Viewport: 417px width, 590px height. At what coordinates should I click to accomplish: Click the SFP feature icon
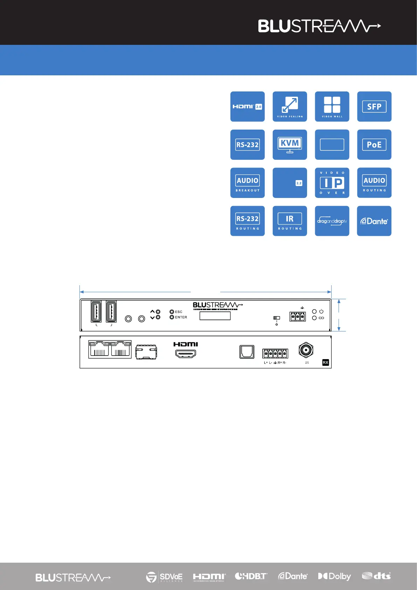click(x=374, y=107)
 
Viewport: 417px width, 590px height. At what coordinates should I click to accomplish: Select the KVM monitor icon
click(x=290, y=145)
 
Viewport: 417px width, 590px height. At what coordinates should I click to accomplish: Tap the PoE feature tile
click(x=374, y=145)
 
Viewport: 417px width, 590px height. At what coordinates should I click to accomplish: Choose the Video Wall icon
click(x=332, y=107)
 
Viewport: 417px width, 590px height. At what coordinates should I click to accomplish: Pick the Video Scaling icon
click(x=290, y=107)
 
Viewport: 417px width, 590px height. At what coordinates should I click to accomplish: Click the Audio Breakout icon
click(x=248, y=183)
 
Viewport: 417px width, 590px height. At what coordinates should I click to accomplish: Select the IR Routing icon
click(x=290, y=221)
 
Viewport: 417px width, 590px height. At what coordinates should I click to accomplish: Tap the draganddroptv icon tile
click(x=332, y=221)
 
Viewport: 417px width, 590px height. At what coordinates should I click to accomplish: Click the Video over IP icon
click(x=332, y=183)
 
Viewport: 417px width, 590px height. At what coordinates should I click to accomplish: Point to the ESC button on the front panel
click(x=172, y=311)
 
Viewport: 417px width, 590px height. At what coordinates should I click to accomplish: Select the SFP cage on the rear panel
click(x=146, y=352)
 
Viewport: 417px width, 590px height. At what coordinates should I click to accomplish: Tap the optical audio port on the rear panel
click(x=247, y=352)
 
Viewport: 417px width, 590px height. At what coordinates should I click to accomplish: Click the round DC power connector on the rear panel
click(x=306, y=350)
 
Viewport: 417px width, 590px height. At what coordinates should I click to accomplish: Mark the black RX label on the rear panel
click(x=325, y=363)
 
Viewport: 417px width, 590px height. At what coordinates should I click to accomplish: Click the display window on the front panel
click(x=215, y=316)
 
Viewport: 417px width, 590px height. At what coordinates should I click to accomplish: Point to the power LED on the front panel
click(x=314, y=311)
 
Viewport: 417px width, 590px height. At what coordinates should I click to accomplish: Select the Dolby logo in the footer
click(x=334, y=576)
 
